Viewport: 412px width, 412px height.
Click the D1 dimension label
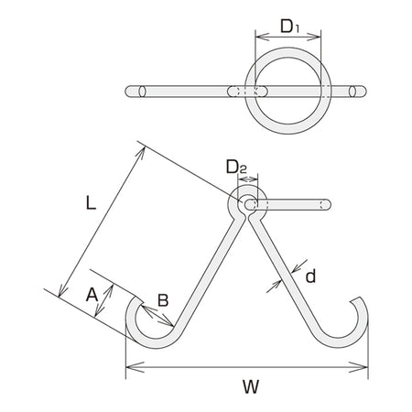click(290, 27)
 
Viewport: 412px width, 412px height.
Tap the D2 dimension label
click(236, 168)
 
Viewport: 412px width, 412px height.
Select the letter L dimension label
click(91, 202)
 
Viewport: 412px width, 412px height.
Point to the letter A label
click(92, 295)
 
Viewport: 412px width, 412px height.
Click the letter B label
click(163, 300)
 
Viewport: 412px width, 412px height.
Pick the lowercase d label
click(310, 276)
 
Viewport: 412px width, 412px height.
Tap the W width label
click(251, 386)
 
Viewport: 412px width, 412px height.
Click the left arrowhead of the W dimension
click(135, 367)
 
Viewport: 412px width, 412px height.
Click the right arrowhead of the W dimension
click(359, 367)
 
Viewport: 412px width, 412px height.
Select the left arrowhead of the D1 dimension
click(262, 37)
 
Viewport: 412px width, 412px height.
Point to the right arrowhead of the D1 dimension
click(314, 37)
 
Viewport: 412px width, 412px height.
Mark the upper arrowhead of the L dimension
click(141, 153)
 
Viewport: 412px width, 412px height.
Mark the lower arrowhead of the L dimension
click(62, 289)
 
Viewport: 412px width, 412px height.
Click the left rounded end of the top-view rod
click(128, 92)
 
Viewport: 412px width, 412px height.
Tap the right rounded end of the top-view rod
click(363, 92)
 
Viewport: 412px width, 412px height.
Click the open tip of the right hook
click(356, 299)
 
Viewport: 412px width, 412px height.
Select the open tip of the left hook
click(138, 299)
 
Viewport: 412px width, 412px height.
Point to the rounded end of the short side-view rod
click(327, 204)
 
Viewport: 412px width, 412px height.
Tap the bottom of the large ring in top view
click(288, 129)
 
